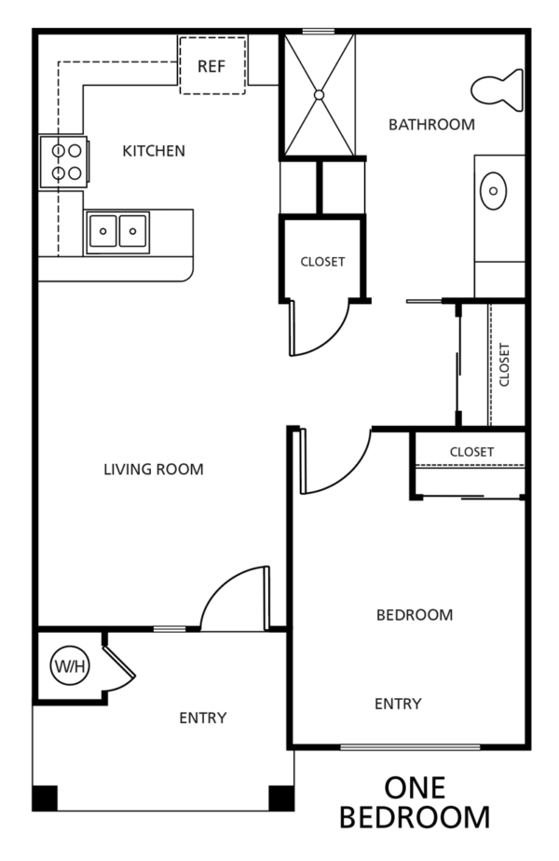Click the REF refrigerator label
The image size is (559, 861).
tap(211, 66)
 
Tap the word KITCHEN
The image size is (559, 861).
tap(154, 151)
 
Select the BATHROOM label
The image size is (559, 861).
tap(431, 125)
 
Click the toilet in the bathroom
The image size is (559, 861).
tap(497, 90)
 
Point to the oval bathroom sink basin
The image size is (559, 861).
tap(493, 190)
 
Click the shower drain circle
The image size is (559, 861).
tap(319, 95)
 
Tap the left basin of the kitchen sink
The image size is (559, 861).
tap(102, 231)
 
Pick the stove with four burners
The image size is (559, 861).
tap(63, 162)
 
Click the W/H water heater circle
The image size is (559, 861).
tap(70, 666)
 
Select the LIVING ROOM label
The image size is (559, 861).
tap(154, 470)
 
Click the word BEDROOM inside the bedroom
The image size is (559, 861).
tap(415, 615)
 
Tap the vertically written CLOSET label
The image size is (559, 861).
tap(505, 365)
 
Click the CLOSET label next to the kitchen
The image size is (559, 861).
tap(323, 262)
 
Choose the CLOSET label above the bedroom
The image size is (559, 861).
tap(471, 452)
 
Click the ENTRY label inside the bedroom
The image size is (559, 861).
tap(398, 704)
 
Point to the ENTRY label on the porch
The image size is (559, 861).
tap(203, 718)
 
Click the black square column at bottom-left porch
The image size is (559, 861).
tap(45, 799)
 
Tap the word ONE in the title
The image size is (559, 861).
tap(415, 788)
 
